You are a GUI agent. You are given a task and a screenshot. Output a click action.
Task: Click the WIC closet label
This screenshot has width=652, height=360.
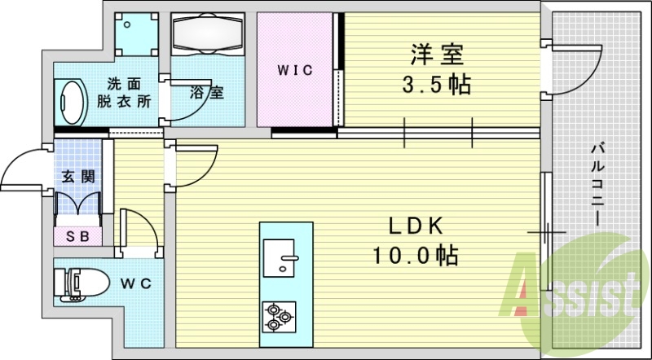[295, 70]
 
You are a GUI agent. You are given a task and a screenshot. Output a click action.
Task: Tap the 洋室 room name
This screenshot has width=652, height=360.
[437, 55]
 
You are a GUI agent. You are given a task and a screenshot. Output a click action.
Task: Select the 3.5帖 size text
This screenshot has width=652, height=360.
[436, 85]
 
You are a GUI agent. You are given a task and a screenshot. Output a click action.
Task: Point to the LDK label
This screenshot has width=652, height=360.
[415, 226]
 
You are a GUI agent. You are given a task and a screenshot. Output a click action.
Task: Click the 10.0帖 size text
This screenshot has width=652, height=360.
[416, 255]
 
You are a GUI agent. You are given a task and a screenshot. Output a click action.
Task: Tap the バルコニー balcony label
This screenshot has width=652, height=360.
[598, 184]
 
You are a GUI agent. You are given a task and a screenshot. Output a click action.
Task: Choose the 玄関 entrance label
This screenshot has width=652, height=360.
[78, 177]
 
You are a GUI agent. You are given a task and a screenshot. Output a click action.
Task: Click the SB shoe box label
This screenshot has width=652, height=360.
[78, 236]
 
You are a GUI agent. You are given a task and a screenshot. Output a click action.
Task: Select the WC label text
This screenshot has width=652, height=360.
[136, 283]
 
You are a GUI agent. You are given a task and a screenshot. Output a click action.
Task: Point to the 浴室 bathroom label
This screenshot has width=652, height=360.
[207, 92]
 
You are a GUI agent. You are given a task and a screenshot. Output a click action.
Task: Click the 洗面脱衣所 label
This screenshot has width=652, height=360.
[124, 93]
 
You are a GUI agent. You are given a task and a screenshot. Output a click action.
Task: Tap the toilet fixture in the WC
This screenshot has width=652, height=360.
[81, 284]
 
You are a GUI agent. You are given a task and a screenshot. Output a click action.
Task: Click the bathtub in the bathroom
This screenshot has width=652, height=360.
[208, 34]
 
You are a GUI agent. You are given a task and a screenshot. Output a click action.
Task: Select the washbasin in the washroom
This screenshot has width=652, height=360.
[71, 102]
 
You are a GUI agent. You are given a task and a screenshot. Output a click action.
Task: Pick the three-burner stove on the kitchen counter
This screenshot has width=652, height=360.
[279, 317]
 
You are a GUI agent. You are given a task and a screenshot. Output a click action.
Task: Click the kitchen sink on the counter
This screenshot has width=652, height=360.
[279, 257]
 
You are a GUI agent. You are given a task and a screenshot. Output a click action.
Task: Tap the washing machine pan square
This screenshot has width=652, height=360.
[137, 34]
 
